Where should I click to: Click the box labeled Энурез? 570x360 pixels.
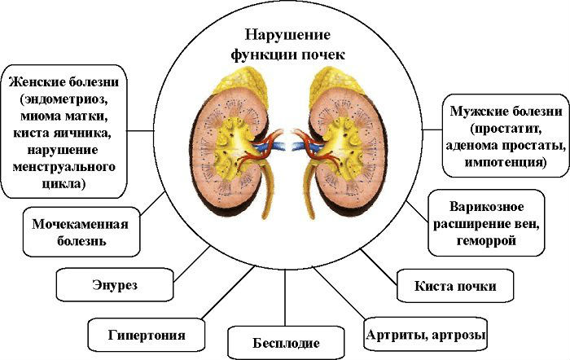[114, 287]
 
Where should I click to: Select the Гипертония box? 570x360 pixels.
[147, 334]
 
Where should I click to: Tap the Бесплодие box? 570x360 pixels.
[284, 342]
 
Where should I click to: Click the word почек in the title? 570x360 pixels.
[323, 55]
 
